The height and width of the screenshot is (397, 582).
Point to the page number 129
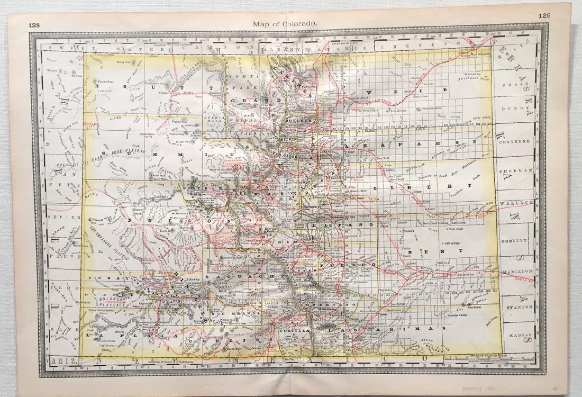(543, 16)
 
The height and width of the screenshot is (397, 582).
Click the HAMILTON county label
(518, 270)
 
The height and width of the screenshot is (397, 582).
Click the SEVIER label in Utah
(57, 217)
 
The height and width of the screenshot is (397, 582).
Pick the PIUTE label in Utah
(58, 257)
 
